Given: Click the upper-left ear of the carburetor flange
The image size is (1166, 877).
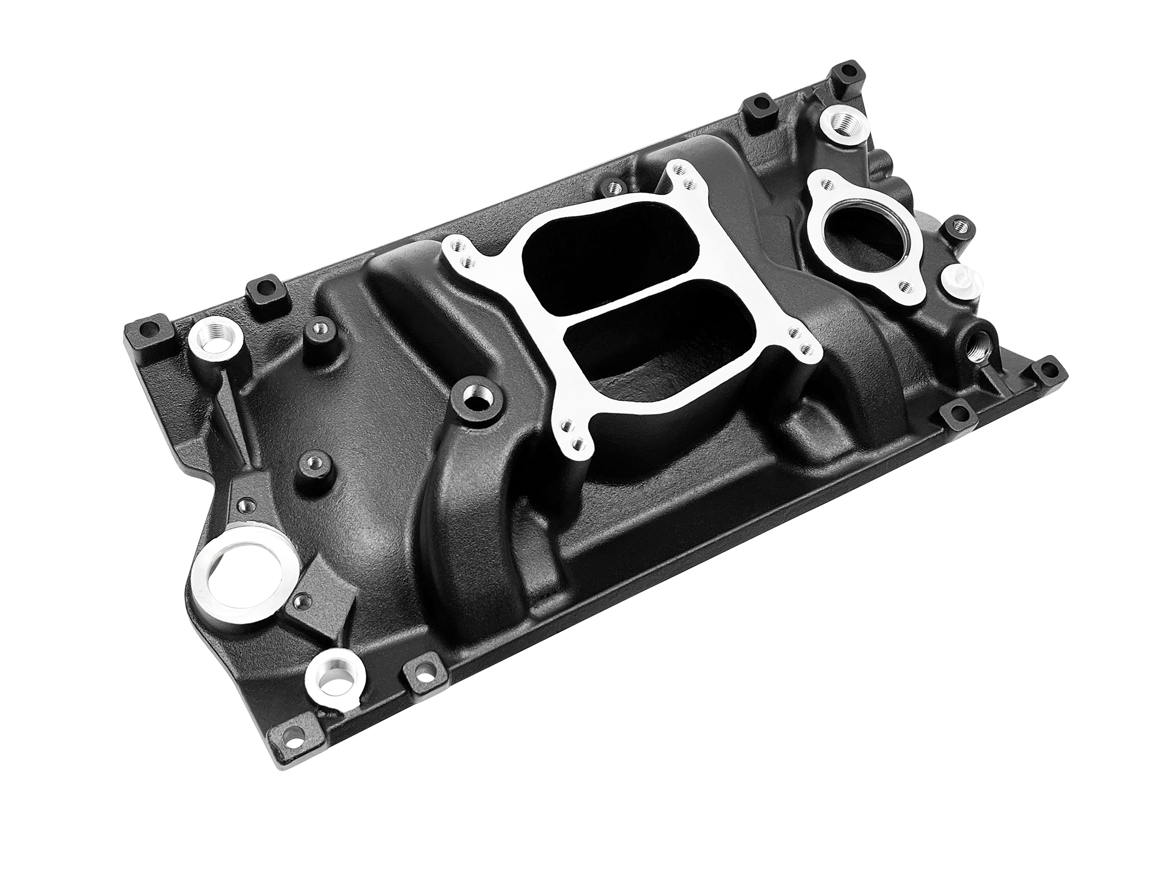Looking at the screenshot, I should pos(461,255).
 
